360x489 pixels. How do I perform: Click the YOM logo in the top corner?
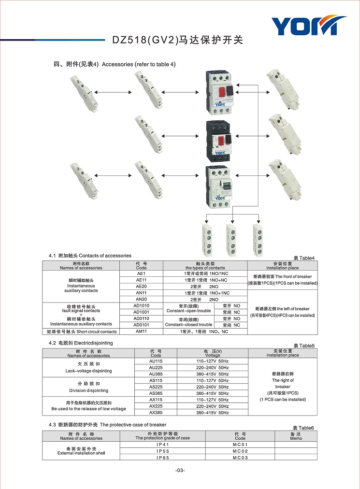coord(309,25)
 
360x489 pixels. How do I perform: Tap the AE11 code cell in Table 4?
coord(141,280)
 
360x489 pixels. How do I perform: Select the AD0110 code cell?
coord(141,318)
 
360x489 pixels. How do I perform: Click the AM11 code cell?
coord(141,331)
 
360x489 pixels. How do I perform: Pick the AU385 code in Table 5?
coord(156,374)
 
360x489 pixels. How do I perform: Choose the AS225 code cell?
coord(156,387)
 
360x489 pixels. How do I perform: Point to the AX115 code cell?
coord(156,400)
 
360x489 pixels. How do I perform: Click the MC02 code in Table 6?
coord(240,451)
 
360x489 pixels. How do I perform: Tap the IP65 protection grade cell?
coord(163,458)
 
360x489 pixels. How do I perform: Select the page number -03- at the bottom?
coord(180,470)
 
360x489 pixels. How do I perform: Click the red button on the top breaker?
coord(222,92)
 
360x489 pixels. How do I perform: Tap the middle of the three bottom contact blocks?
coord(231,240)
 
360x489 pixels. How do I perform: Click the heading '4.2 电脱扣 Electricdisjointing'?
coord(81,343)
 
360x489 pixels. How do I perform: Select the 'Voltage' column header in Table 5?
coord(213,355)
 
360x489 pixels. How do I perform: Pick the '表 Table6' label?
coord(303,428)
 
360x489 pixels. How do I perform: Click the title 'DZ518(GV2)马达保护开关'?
coord(177,40)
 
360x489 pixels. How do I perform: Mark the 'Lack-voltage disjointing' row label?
coord(88,371)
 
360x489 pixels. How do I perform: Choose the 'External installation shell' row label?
coord(81,453)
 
